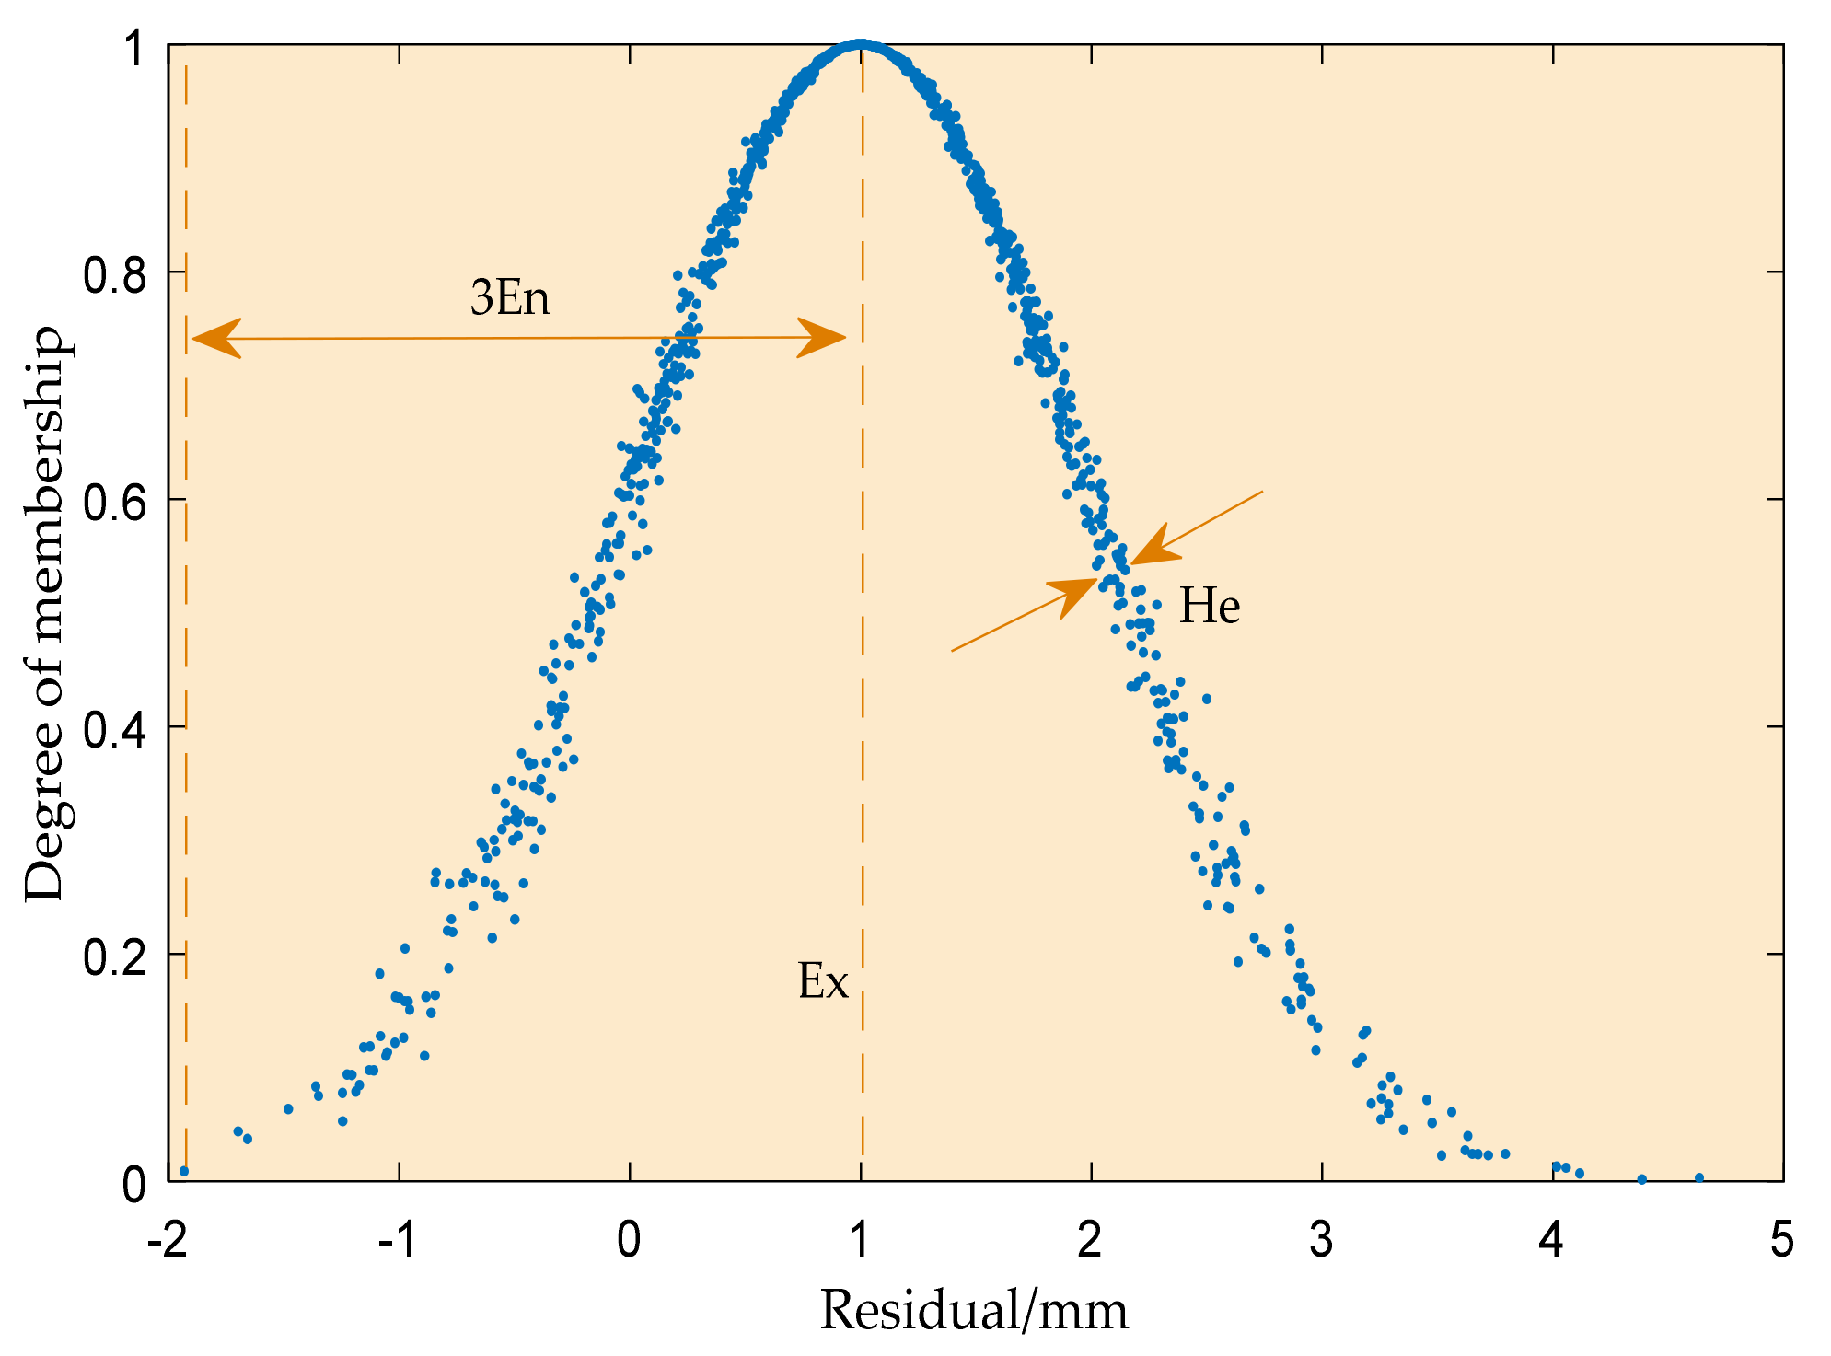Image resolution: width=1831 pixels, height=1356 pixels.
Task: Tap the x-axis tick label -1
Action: pyautogui.click(x=398, y=1242)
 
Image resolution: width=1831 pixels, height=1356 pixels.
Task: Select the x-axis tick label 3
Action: pyautogui.click(x=1321, y=1242)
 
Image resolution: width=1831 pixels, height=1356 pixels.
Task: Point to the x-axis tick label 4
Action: pyautogui.click(x=1551, y=1242)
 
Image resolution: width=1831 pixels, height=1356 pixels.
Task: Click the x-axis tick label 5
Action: pyautogui.click(x=1782, y=1242)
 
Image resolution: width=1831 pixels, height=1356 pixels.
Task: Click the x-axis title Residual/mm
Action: pyautogui.click(x=973, y=1310)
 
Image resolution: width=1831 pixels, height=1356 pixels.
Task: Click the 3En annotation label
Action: pyautogui.click(x=510, y=298)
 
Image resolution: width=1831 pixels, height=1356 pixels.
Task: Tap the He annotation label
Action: pyautogui.click(x=1210, y=607)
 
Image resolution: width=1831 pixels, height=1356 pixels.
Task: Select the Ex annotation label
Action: pyautogui.click(x=822, y=981)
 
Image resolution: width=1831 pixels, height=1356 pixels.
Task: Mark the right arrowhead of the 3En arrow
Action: pyautogui.click(x=824, y=338)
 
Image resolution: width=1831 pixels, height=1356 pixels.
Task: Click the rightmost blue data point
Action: pyautogui.click(x=1699, y=1178)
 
